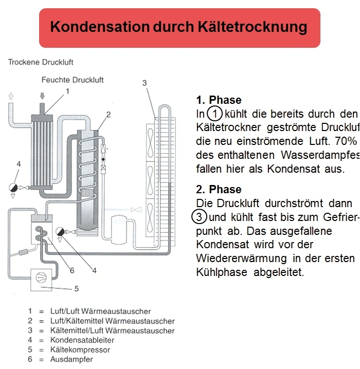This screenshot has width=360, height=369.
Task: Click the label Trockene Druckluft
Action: coord(41,62)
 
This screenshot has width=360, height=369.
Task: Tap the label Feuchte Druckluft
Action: coord(73,80)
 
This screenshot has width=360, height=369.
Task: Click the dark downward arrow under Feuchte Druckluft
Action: coord(43,96)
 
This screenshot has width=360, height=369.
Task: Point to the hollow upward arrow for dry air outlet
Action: coord(10,96)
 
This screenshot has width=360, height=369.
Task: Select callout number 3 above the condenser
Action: coord(145,83)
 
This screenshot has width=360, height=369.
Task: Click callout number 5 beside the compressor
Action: coord(77,289)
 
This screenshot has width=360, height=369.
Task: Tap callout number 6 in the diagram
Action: coord(72,270)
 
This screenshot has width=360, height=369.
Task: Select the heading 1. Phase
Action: coord(219,100)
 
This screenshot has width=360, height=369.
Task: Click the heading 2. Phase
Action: coord(219,190)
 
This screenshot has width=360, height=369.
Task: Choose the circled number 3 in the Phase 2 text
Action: coord(200,217)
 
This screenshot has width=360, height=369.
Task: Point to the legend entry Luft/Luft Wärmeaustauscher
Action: coord(100,311)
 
